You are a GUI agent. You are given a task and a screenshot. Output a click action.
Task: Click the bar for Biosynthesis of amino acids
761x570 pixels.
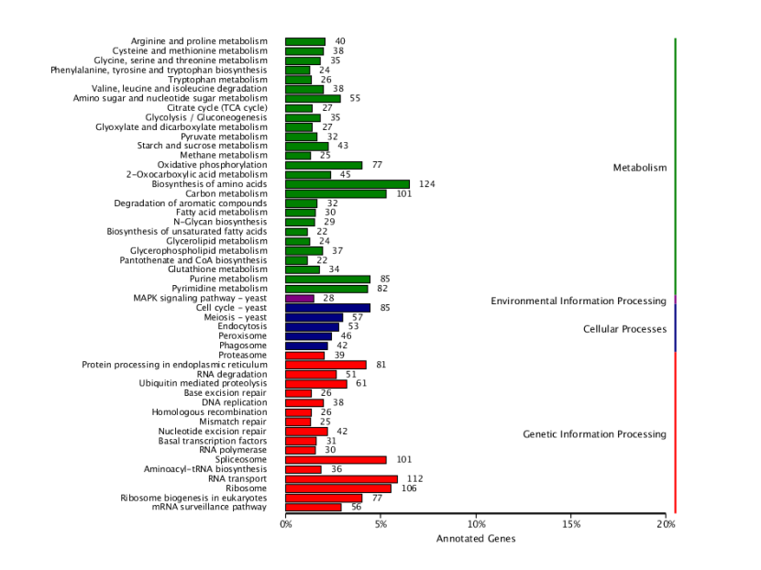[347, 184]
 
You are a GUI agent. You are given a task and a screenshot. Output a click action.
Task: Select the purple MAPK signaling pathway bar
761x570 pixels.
[300, 299]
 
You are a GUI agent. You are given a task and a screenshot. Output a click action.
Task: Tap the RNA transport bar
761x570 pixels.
[341, 478]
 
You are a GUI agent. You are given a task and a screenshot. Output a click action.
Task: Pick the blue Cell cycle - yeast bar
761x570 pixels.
[327, 308]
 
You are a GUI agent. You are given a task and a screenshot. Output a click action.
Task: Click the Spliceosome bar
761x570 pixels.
[336, 460]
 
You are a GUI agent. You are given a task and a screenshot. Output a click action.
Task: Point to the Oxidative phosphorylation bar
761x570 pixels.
[324, 165]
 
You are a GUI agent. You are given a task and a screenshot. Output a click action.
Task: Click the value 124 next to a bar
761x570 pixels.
[425, 184]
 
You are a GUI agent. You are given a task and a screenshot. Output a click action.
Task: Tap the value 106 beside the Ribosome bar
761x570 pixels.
[408, 488]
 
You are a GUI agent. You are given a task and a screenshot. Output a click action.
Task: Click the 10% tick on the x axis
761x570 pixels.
[476, 525]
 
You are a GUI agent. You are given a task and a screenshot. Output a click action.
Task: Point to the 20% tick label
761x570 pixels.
[667, 525]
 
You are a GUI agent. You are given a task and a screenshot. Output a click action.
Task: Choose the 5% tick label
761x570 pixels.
[380, 525]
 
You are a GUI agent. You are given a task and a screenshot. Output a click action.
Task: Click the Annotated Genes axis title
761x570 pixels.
[476, 539]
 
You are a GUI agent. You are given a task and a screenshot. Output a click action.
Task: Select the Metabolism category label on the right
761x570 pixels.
[640, 168]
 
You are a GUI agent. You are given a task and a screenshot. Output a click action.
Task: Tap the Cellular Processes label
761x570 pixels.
[624, 328]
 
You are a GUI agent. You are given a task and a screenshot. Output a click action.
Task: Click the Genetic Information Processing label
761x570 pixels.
[594, 433]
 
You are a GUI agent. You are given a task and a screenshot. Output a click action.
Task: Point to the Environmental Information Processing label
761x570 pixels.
[578, 301]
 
